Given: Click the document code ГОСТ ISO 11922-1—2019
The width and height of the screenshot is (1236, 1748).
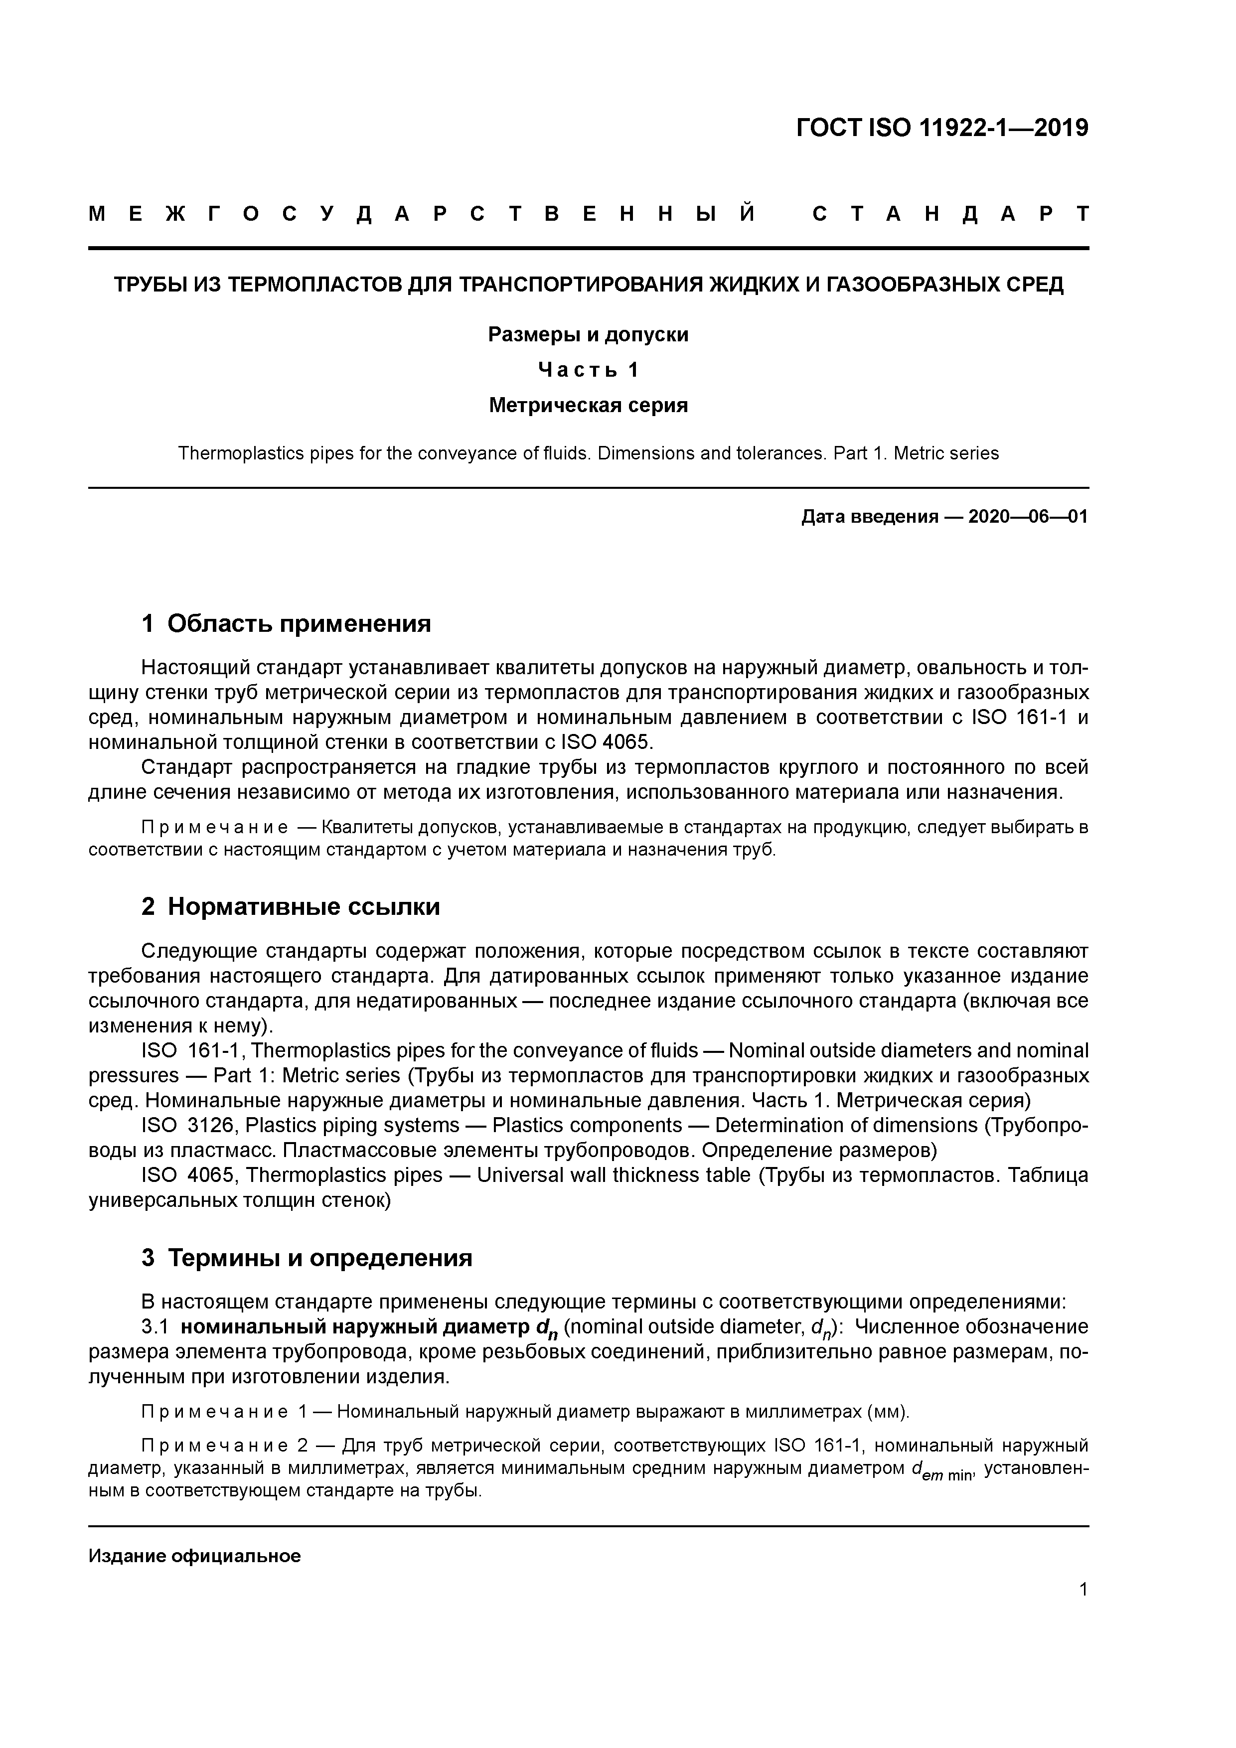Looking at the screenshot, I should (x=941, y=128).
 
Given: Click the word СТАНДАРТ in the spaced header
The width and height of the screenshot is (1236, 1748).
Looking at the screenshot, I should (x=950, y=214).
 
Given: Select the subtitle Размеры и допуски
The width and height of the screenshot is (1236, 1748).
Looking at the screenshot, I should (x=588, y=334).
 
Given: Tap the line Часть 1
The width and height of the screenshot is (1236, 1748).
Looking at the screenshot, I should (x=588, y=370).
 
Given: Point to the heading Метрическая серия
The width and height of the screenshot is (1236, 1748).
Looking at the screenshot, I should (x=588, y=405).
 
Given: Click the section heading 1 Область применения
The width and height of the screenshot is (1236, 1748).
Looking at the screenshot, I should (x=287, y=623).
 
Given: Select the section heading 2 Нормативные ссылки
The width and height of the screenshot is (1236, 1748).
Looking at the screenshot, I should (x=291, y=907).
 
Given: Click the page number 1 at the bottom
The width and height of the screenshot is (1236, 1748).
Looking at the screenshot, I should (x=1083, y=1589).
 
